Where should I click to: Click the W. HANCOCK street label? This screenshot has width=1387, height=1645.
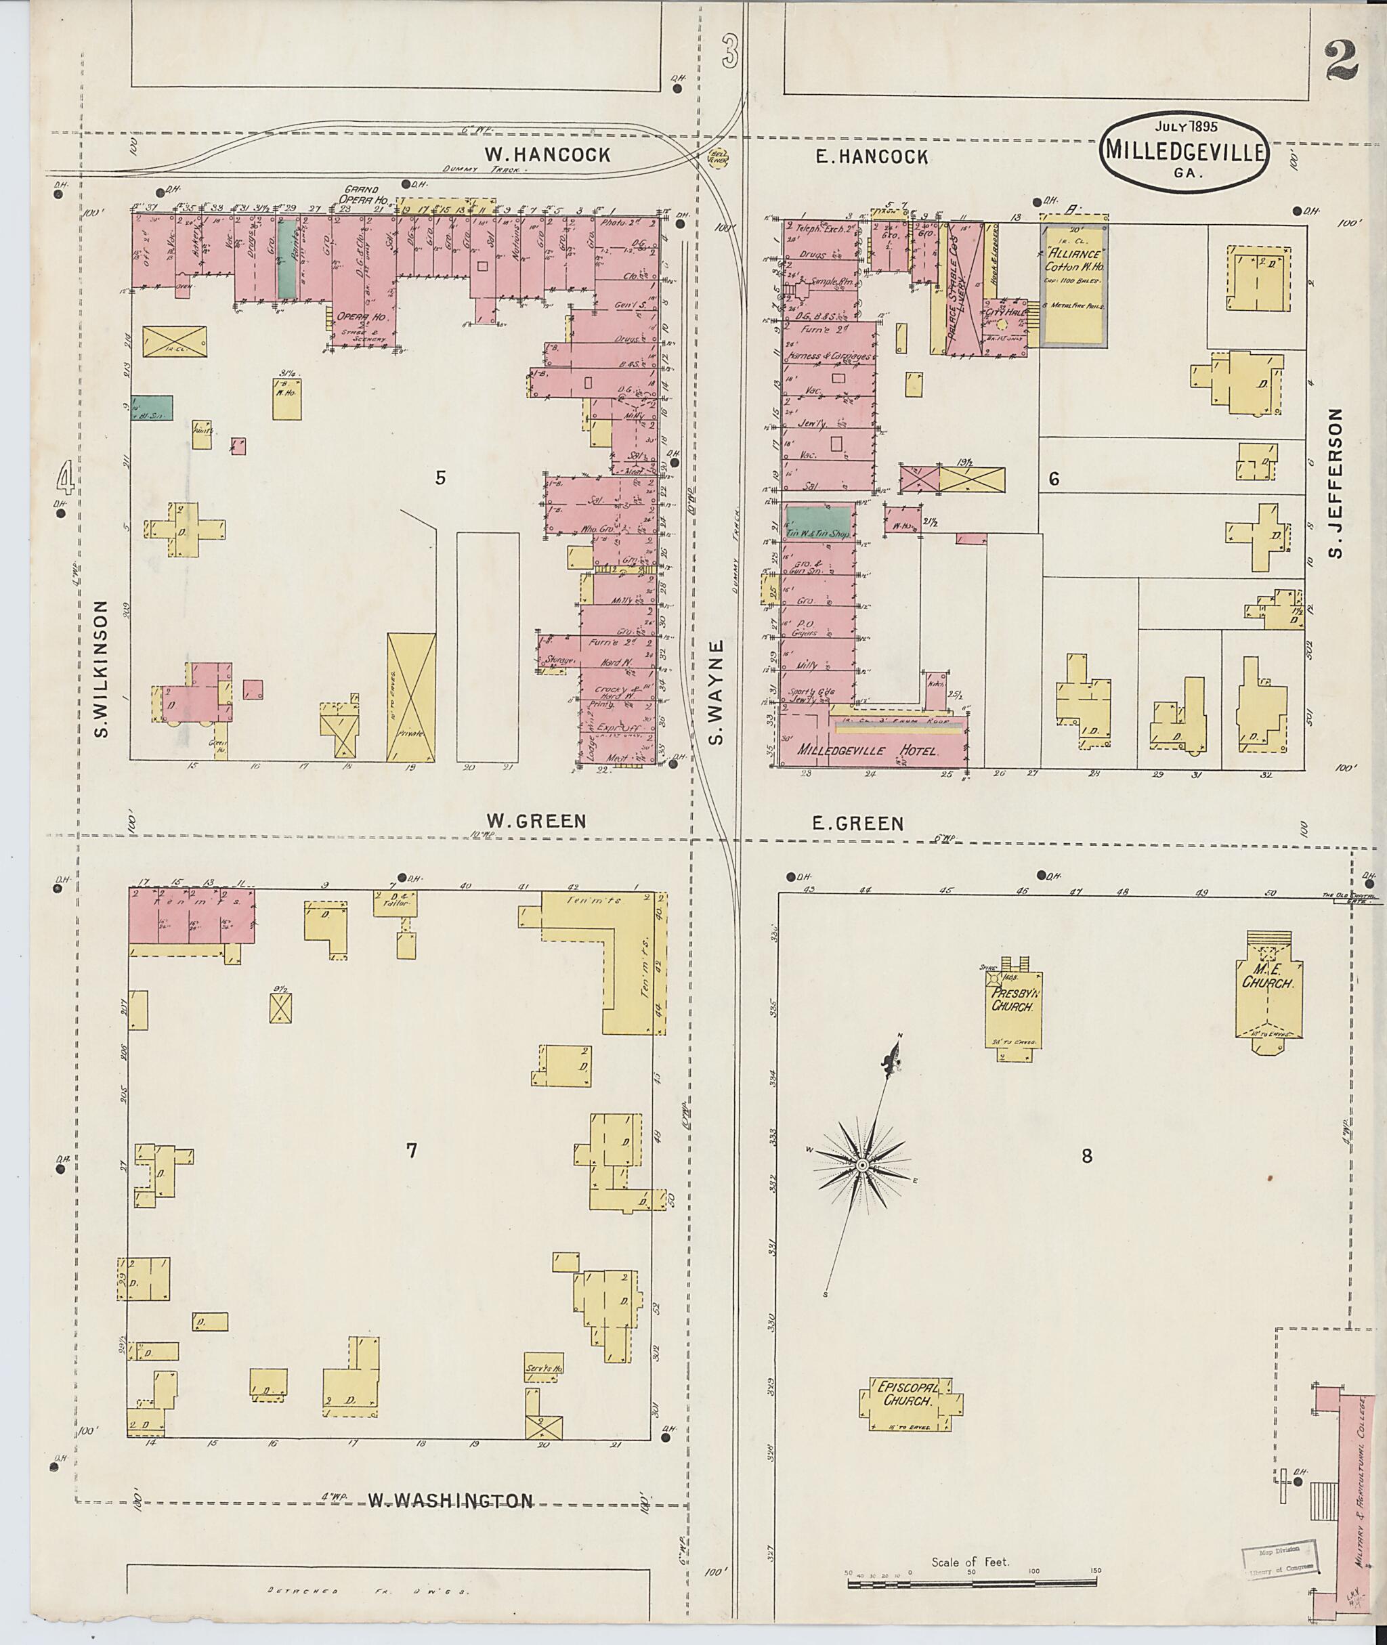click(x=547, y=155)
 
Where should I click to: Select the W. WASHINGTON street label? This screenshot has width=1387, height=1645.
click(x=450, y=1502)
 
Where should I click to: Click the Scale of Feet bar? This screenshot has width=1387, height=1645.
click(x=972, y=1581)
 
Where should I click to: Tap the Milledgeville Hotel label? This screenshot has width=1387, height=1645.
click(x=868, y=750)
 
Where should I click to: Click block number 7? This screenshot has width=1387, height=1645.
click(x=411, y=1151)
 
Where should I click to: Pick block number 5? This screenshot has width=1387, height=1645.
click(x=440, y=477)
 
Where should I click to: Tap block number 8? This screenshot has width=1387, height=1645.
click(x=1086, y=1156)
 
